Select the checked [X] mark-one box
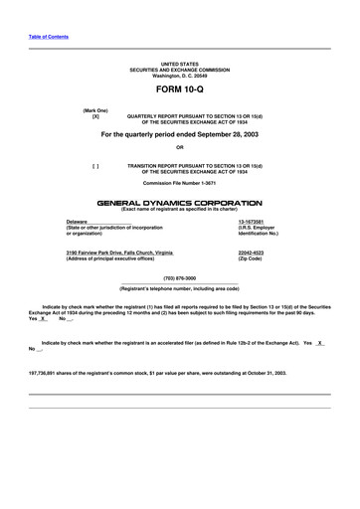pyautogui.click(x=95, y=116)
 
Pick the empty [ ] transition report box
pyautogui.click(x=95, y=166)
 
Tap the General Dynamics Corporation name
pyautogui.click(x=179, y=202)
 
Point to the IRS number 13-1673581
pyautogui.click(x=252, y=221)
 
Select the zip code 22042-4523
pyautogui.click(x=252, y=254)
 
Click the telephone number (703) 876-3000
pyautogui.click(x=179, y=278)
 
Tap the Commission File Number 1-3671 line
pyautogui.click(x=180, y=184)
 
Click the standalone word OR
pyautogui.click(x=179, y=148)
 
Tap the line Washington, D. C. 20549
pyautogui.click(x=180, y=76)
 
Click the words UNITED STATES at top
pyautogui.click(x=180, y=64)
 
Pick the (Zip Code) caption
pyautogui.click(x=250, y=259)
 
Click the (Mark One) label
pyautogui.click(x=95, y=109)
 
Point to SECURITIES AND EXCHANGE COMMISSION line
pyautogui.click(x=180, y=70)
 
